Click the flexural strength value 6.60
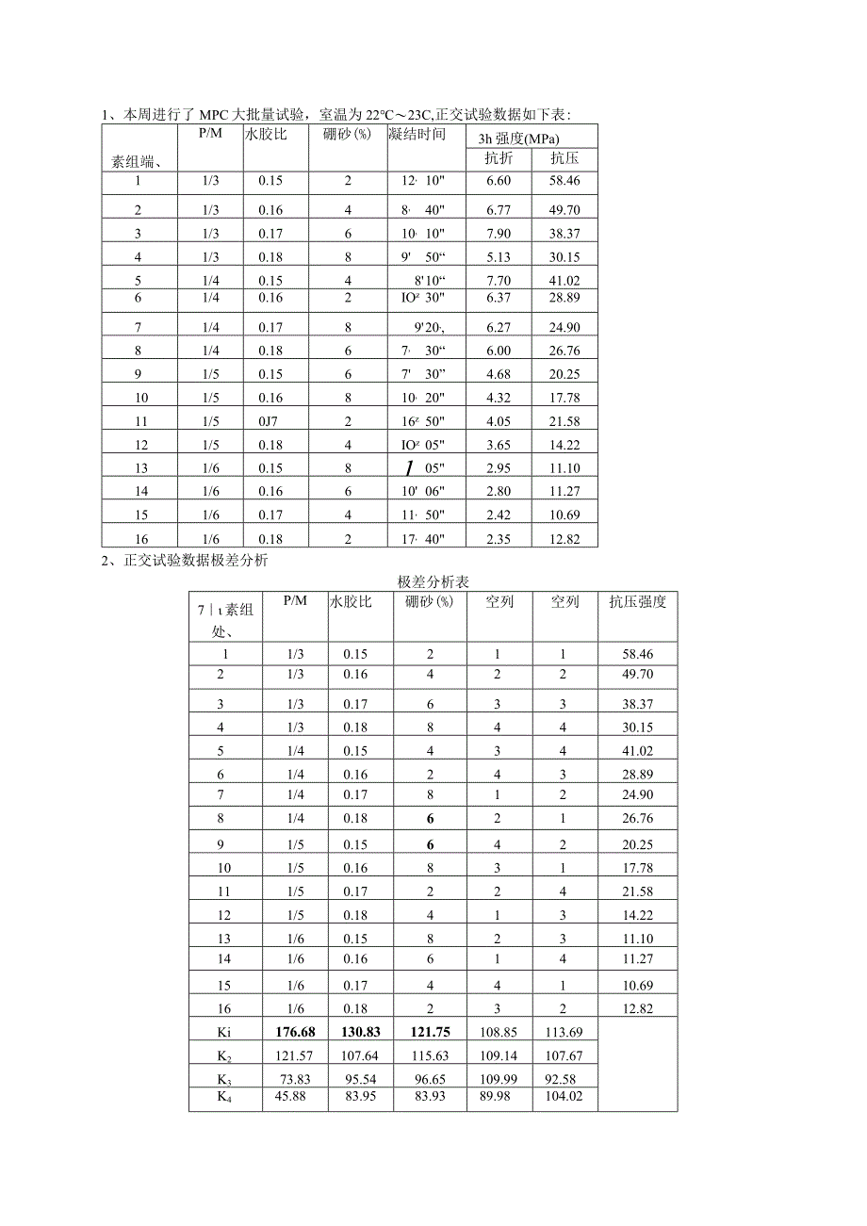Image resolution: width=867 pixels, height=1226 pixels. tap(498, 181)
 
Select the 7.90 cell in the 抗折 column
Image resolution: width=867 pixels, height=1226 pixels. tap(498, 234)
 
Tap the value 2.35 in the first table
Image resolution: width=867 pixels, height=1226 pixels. tap(498, 539)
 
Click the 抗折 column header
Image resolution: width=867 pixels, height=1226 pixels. tap(498, 157)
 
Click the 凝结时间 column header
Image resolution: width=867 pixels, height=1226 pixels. tap(417, 134)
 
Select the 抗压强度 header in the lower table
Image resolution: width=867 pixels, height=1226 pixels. tap(637, 602)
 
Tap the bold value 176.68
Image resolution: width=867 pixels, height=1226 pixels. tap(296, 1032)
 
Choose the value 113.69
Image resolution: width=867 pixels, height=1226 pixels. tap(564, 1032)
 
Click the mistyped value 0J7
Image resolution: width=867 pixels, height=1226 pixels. tap(271, 421)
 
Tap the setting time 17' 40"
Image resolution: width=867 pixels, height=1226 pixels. tap(422, 539)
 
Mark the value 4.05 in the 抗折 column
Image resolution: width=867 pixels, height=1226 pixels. tap(498, 421)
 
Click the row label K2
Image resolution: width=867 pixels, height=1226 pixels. tap(224, 1054)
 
